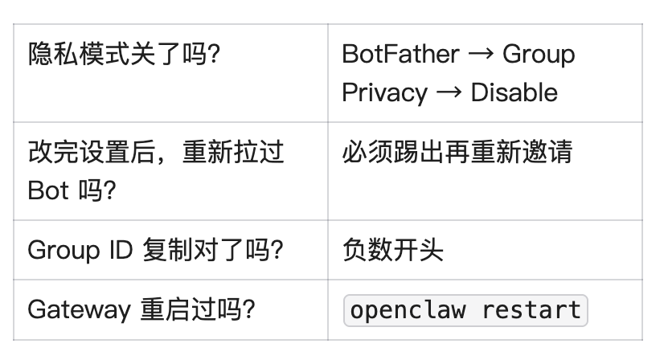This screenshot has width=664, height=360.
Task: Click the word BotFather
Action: [x=400, y=54]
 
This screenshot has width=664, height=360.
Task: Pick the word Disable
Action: [x=514, y=92]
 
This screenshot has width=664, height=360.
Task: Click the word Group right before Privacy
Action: [x=539, y=54]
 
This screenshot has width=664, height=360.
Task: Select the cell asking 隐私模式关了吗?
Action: [x=125, y=55]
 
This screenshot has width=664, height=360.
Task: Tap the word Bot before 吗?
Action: [x=48, y=190]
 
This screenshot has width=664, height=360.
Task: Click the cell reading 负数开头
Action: [x=392, y=250]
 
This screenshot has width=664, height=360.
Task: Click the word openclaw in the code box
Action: [x=408, y=310]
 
